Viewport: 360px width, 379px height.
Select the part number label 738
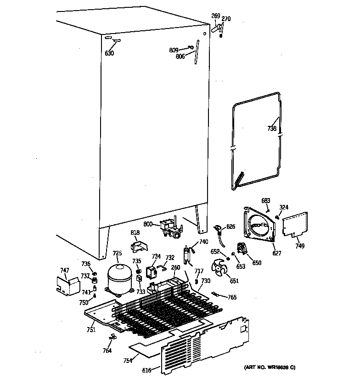tap(272, 129)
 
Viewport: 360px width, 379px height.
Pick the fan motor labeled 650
tap(242, 251)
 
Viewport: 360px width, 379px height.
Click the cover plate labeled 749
tap(295, 224)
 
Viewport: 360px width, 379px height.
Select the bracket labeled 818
tap(137, 246)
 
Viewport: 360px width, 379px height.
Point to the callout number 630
tap(109, 53)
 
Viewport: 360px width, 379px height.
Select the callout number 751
tap(91, 329)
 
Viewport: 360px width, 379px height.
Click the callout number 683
tap(266, 201)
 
